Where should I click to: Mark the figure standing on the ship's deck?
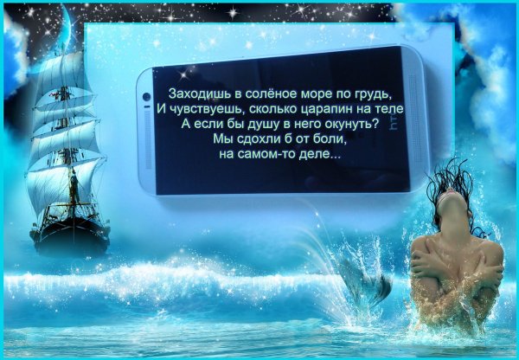(x=74, y=185)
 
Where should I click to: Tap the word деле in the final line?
(x=319, y=155)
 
